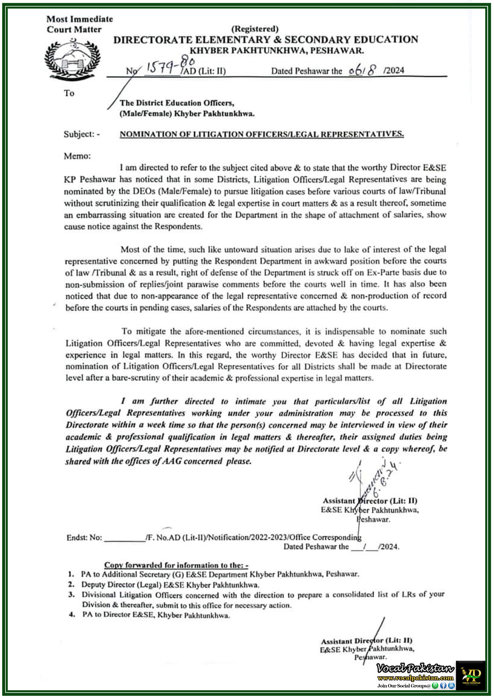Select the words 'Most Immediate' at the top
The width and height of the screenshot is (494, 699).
79,19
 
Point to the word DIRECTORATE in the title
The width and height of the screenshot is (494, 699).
153,40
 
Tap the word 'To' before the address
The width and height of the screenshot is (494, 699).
69,93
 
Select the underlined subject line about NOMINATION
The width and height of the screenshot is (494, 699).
262,134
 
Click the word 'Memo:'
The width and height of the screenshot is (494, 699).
77,156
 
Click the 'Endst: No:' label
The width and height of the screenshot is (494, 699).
84,538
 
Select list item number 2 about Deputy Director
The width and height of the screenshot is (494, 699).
170,585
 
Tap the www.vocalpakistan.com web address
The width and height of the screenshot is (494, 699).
415,678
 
